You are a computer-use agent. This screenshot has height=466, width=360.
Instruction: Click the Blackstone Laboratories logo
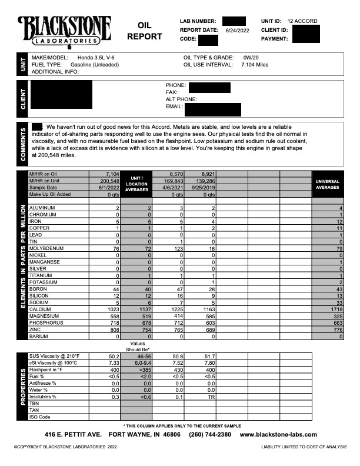pos(65,30)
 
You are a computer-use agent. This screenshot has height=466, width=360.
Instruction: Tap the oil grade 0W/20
pos(251,58)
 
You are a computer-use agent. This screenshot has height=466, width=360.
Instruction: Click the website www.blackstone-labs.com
pos(278,435)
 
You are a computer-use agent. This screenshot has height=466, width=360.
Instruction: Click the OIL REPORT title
pos(144,31)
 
